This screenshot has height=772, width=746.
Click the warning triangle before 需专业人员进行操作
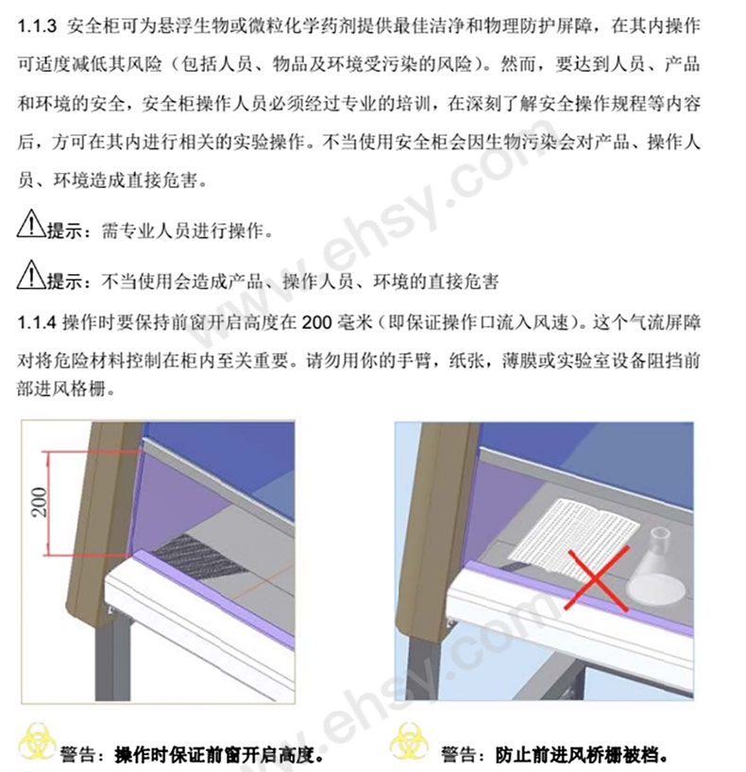[32, 228]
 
